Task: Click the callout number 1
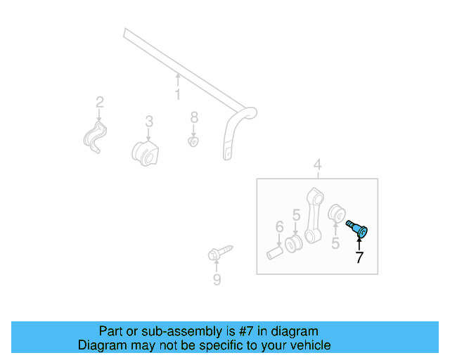coord(177,94)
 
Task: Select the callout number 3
coord(149,121)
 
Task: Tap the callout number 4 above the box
coord(317,165)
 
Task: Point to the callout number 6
coord(279,226)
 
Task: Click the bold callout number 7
coord(359,257)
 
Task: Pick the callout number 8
coord(194,117)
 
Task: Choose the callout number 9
coord(217,281)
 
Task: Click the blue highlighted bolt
coord(360,229)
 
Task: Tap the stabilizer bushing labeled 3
coord(146,153)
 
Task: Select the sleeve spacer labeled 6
coord(274,250)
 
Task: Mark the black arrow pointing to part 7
coord(359,243)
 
